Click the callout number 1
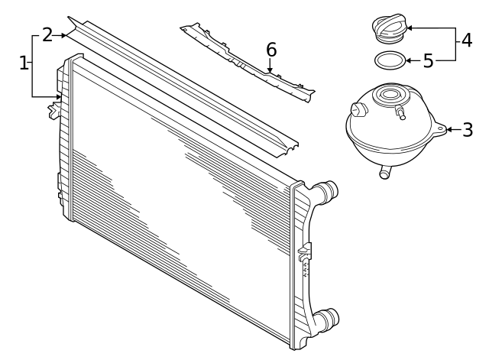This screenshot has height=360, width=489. pos(24,63)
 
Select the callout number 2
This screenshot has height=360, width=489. pos(47,35)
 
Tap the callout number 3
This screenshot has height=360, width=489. pos(468,130)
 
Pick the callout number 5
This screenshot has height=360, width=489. pos(428,60)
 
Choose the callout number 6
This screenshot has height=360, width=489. pos(270,50)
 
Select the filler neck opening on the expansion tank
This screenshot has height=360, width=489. pos(391,96)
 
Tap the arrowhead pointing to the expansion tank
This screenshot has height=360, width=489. pos(450,130)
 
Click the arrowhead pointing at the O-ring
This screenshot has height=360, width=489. pos(408,60)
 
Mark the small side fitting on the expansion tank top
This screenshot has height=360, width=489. pos(400,113)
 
